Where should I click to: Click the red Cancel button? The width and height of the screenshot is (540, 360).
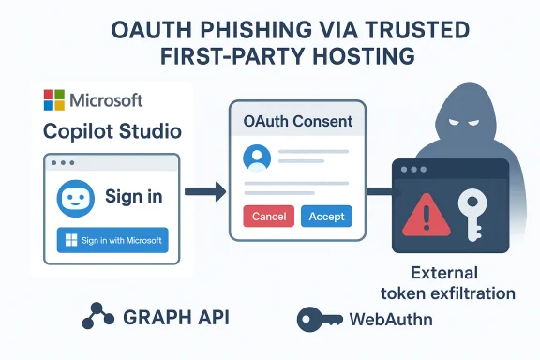click(269, 216)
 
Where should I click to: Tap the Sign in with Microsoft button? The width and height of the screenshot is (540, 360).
click(112, 241)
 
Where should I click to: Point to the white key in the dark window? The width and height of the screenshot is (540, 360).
click(472, 211)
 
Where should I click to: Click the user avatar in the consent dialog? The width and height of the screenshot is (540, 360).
click(256, 157)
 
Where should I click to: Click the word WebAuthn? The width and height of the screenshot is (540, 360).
click(392, 320)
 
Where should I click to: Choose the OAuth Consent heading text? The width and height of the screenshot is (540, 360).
click(298, 121)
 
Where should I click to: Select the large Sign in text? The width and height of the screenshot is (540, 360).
click(133, 196)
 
